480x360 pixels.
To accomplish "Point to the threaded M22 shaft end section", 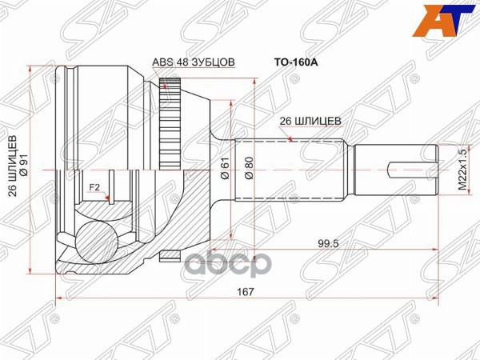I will tap(396, 170).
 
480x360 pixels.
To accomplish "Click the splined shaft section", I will tap(316, 170).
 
